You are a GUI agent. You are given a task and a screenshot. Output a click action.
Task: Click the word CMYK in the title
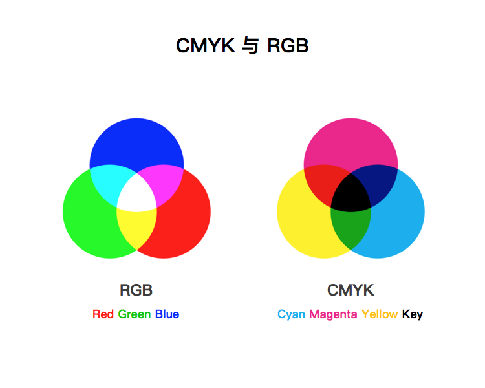pos(205,46)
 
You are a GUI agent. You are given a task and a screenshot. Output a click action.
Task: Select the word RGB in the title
pos(288,46)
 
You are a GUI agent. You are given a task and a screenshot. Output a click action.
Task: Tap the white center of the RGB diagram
pos(136,193)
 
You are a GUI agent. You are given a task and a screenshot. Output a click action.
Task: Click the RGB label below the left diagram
pos(136,290)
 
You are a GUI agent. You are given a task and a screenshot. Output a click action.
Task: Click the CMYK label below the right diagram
pos(350,290)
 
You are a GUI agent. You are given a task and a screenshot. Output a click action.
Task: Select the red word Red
pos(103,314)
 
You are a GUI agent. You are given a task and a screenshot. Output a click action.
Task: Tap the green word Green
pos(135,314)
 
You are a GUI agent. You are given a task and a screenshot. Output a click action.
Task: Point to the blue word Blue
pos(167,314)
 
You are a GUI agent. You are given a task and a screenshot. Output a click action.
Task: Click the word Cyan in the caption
pos(292,314)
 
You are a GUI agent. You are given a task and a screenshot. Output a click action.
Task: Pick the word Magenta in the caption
pos(333,314)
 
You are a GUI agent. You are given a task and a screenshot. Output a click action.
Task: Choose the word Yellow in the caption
pos(380,314)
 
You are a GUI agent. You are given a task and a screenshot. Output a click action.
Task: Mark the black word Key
pos(412,314)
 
